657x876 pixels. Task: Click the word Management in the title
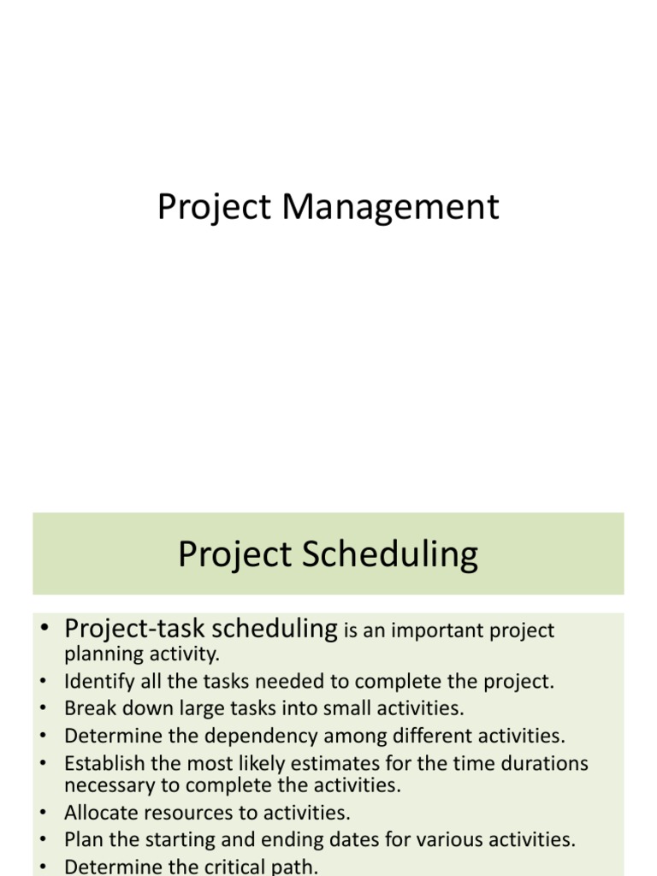392,208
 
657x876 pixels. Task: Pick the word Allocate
96,812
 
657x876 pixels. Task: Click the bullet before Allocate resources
44,813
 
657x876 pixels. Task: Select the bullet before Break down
44,709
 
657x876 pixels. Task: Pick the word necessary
103,784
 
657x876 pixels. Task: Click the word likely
297,762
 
